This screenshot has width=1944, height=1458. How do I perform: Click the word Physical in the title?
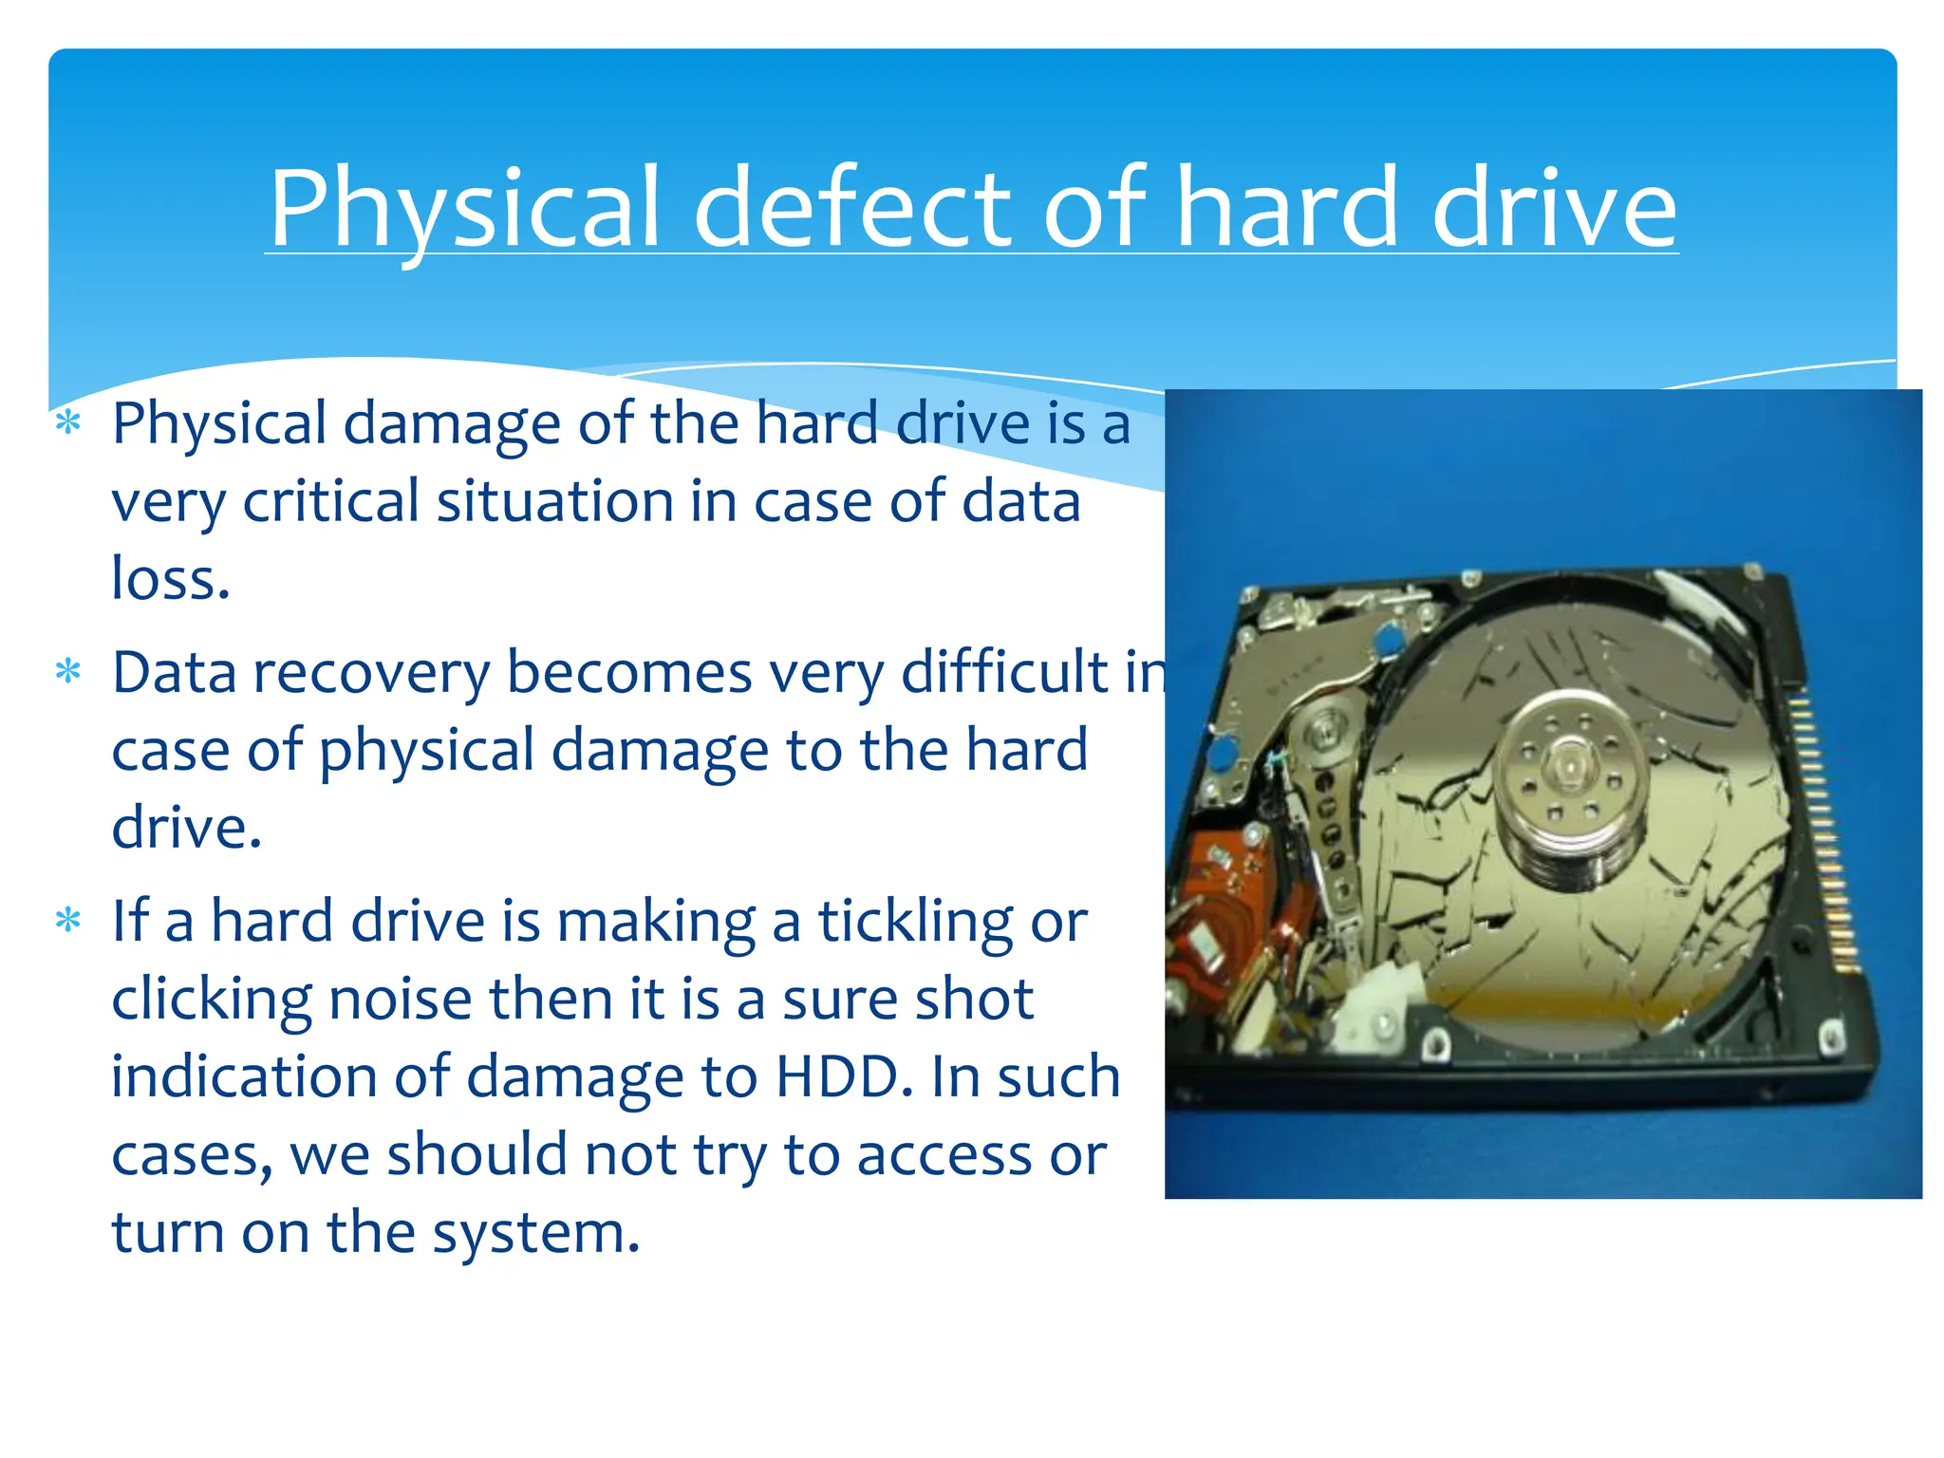464,209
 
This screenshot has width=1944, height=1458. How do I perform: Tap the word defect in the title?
850,209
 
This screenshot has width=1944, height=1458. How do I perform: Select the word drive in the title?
1554,209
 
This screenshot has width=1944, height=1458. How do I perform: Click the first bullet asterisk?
68,422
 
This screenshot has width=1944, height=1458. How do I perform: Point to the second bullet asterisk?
68,672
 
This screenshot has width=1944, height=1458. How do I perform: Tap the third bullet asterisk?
68,921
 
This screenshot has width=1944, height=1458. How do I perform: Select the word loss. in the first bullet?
171,579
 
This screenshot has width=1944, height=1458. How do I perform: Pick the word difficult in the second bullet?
1004,672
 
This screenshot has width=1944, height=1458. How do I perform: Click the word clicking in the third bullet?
211,1000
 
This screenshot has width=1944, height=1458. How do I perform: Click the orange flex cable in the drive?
1217,902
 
